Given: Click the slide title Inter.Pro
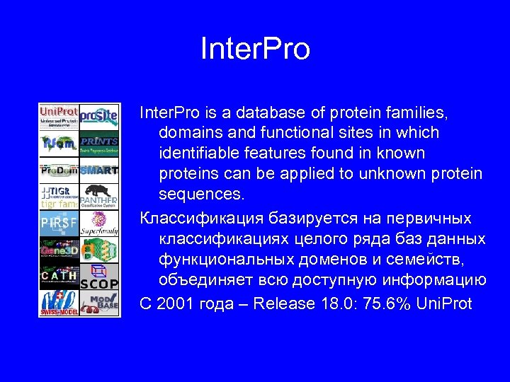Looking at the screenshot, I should [255, 50].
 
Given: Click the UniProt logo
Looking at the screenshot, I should [59, 117].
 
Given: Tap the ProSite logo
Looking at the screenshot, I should [98, 116].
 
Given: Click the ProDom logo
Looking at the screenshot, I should [59, 170].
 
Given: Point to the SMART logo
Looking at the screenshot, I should [98, 170].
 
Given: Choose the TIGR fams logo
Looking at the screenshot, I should [59, 197].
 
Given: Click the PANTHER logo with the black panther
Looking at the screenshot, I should [98, 197].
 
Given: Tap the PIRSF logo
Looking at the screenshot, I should [59, 224].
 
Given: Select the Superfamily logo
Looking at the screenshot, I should [98, 224].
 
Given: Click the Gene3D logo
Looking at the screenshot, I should [59, 250].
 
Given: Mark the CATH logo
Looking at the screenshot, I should [59, 277].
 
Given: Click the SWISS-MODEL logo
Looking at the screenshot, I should [59, 303].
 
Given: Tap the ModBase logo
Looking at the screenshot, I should [98, 303].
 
